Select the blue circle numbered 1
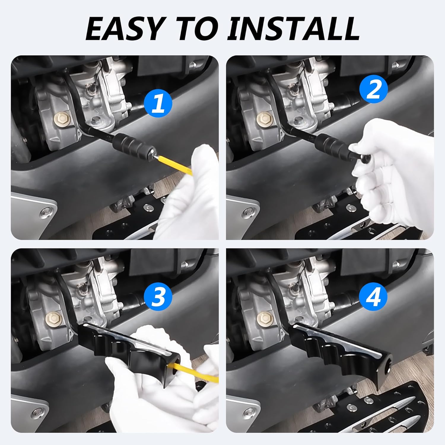tap(158, 104)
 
